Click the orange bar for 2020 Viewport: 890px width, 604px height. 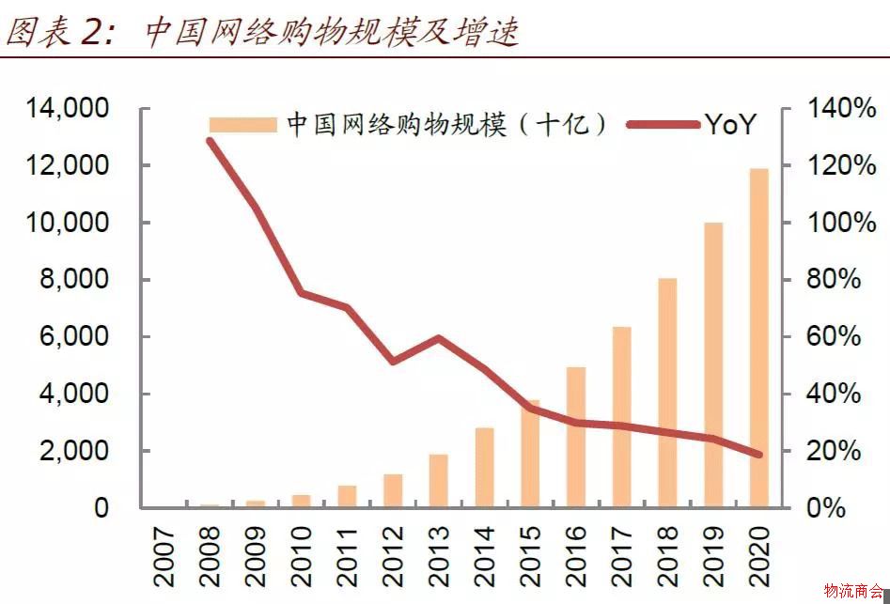tap(758, 338)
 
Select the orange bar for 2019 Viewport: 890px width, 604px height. tap(713, 365)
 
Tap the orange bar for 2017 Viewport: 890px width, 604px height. tap(621, 417)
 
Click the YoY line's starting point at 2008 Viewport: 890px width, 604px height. tap(210, 141)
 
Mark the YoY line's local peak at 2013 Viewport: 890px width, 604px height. tap(438, 338)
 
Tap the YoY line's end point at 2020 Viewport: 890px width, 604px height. tap(758, 455)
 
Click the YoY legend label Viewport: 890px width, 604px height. tap(729, 125)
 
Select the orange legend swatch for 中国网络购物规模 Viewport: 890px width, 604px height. tap(242, 125)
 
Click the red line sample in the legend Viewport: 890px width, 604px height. tap(663, 125)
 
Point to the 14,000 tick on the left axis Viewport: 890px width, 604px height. tap(67, 109)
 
